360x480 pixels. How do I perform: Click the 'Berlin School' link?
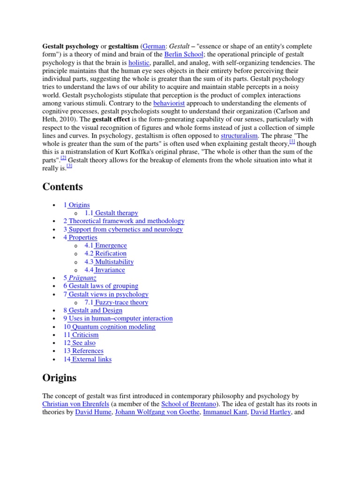click(184, 54)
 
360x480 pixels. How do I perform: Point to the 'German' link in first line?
click(154, 46)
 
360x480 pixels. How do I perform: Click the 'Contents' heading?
click(62, 187)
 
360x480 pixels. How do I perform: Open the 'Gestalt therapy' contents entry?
click(116, 213)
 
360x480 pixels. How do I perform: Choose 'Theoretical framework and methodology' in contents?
click(126, 221)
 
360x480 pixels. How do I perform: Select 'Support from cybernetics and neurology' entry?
click(125, 229)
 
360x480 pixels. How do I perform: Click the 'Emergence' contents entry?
click(111, 245)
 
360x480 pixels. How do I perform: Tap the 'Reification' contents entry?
click(111, 254)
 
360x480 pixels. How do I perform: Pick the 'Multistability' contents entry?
click(114, 262)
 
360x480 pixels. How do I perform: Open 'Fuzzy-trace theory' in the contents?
click(121, 302)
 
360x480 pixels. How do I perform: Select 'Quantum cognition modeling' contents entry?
click(113, 327)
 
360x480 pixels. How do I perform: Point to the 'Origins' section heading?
click(60, 377)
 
